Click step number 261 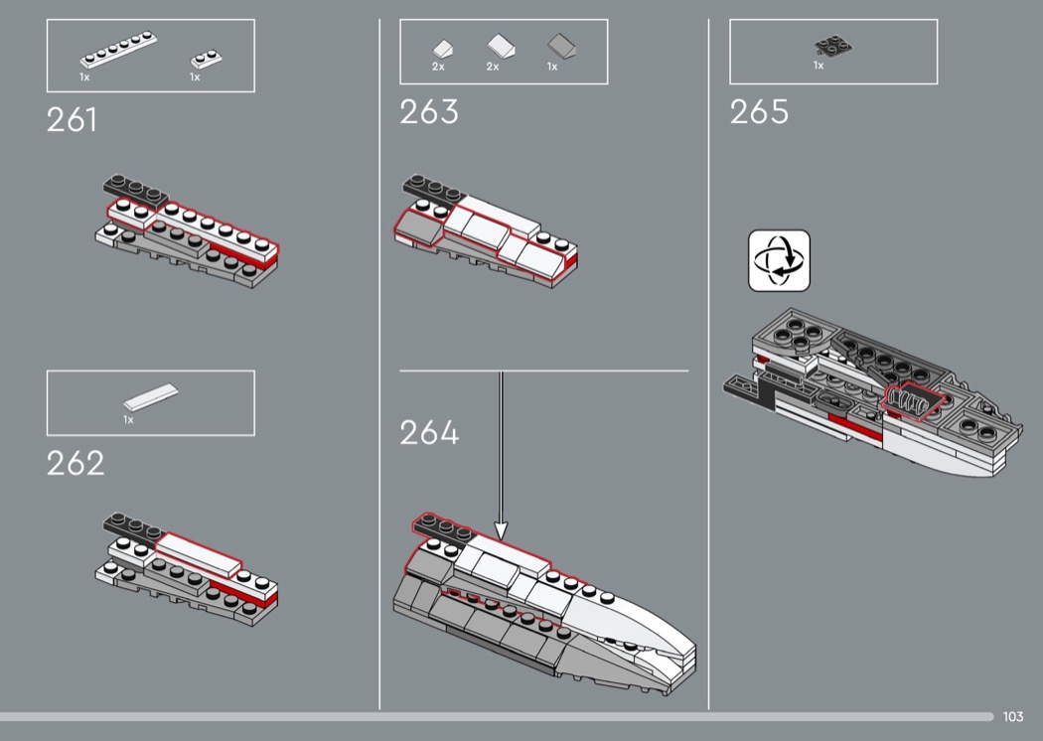click(x=72, y=120)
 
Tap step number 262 click(x=74, y=463)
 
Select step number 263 click(x=429, y=112)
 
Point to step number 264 click(x=429, y=433)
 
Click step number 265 click(x=759, y=112)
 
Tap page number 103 click(x=1012, y=717)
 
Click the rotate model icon click(x=779, y=261)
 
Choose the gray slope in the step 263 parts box click(x=561, y=46)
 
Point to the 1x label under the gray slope click(x=552, y=68)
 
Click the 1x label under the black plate click(x=819, y=66)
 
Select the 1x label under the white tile click(x=128, y=420)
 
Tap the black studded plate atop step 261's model click(x=133, y=187)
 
